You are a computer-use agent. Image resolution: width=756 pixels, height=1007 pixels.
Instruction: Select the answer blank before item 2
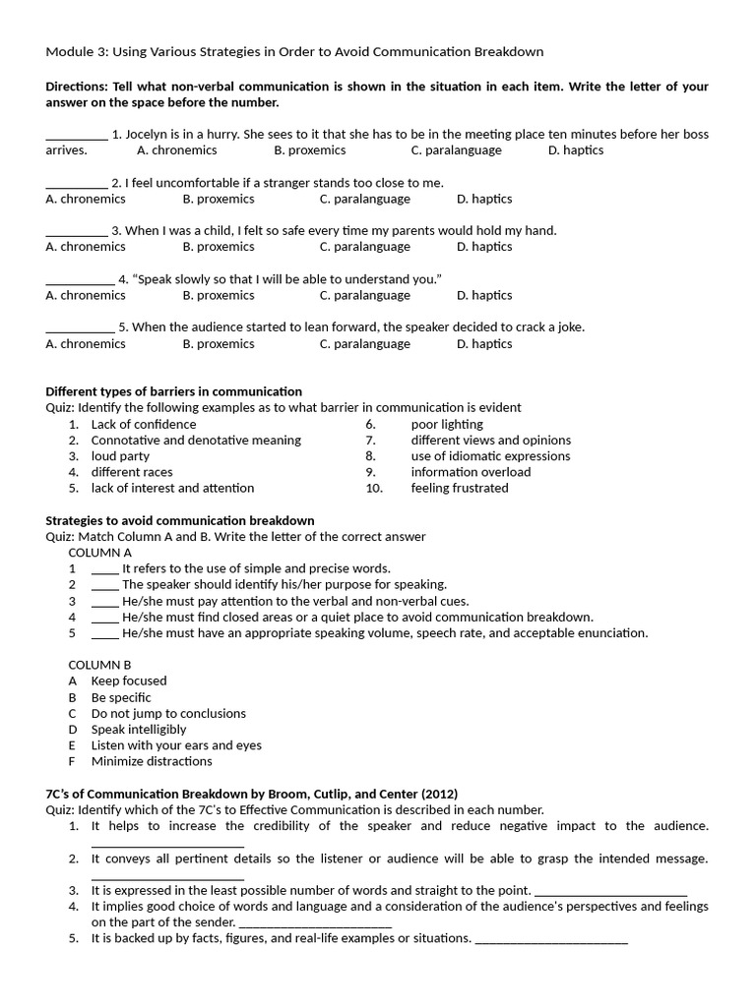coord(76,184)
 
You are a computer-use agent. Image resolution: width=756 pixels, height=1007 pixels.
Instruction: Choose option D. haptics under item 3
coord(484,247)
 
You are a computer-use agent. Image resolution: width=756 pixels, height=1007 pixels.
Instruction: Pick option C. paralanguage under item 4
coord(364,295)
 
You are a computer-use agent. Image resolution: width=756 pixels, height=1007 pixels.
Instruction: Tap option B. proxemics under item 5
coord(219,343)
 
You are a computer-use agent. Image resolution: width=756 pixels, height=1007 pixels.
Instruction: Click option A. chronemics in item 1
coord(177,150)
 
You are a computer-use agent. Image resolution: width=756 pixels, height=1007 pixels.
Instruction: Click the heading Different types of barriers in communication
coord(174,391)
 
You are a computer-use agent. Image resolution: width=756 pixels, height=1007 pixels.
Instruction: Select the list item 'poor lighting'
coord(447,424)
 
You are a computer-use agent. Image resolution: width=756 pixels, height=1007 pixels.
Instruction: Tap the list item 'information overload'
coord(471,472)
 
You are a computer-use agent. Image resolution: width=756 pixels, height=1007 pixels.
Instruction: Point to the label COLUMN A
coord(99,553)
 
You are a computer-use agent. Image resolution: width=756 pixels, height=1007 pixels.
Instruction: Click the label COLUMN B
coord(99,665)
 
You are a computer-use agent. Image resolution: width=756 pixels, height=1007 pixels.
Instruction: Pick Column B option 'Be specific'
coord(121,697)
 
